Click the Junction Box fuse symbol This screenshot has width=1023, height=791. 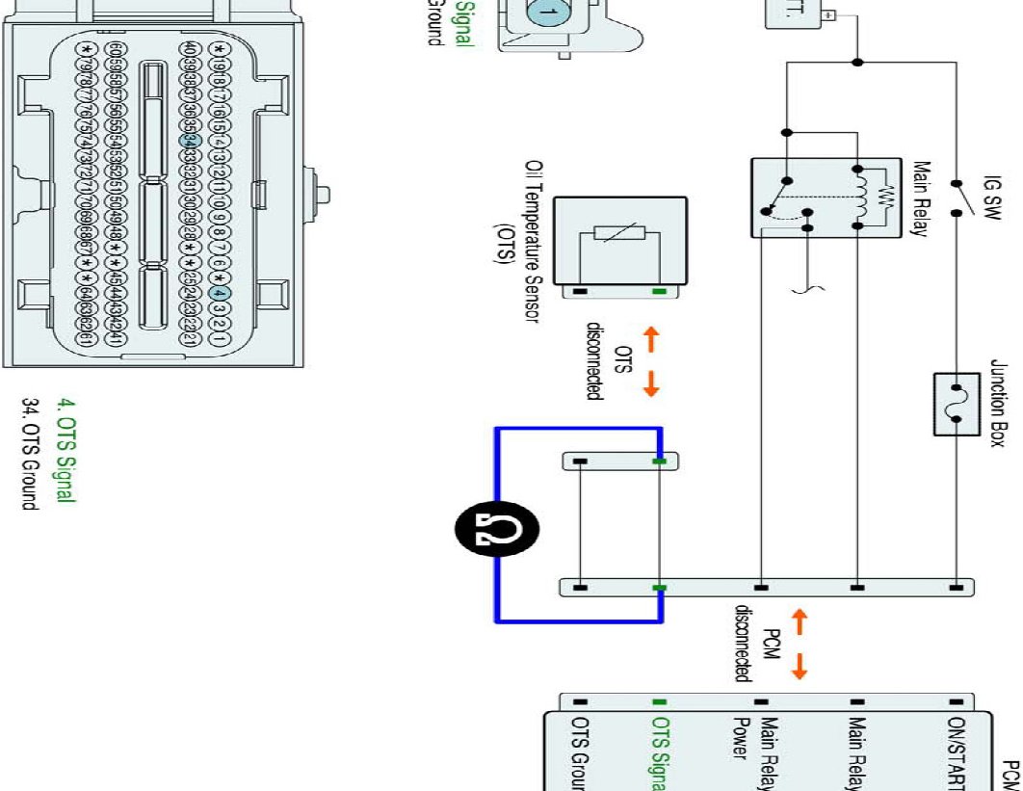[x=956, y=404]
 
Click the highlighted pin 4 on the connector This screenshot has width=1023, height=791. [x=219, y=294]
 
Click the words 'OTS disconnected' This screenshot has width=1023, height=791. [x=610, y=362]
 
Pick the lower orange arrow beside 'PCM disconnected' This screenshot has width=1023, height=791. [x=800, y=665]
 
